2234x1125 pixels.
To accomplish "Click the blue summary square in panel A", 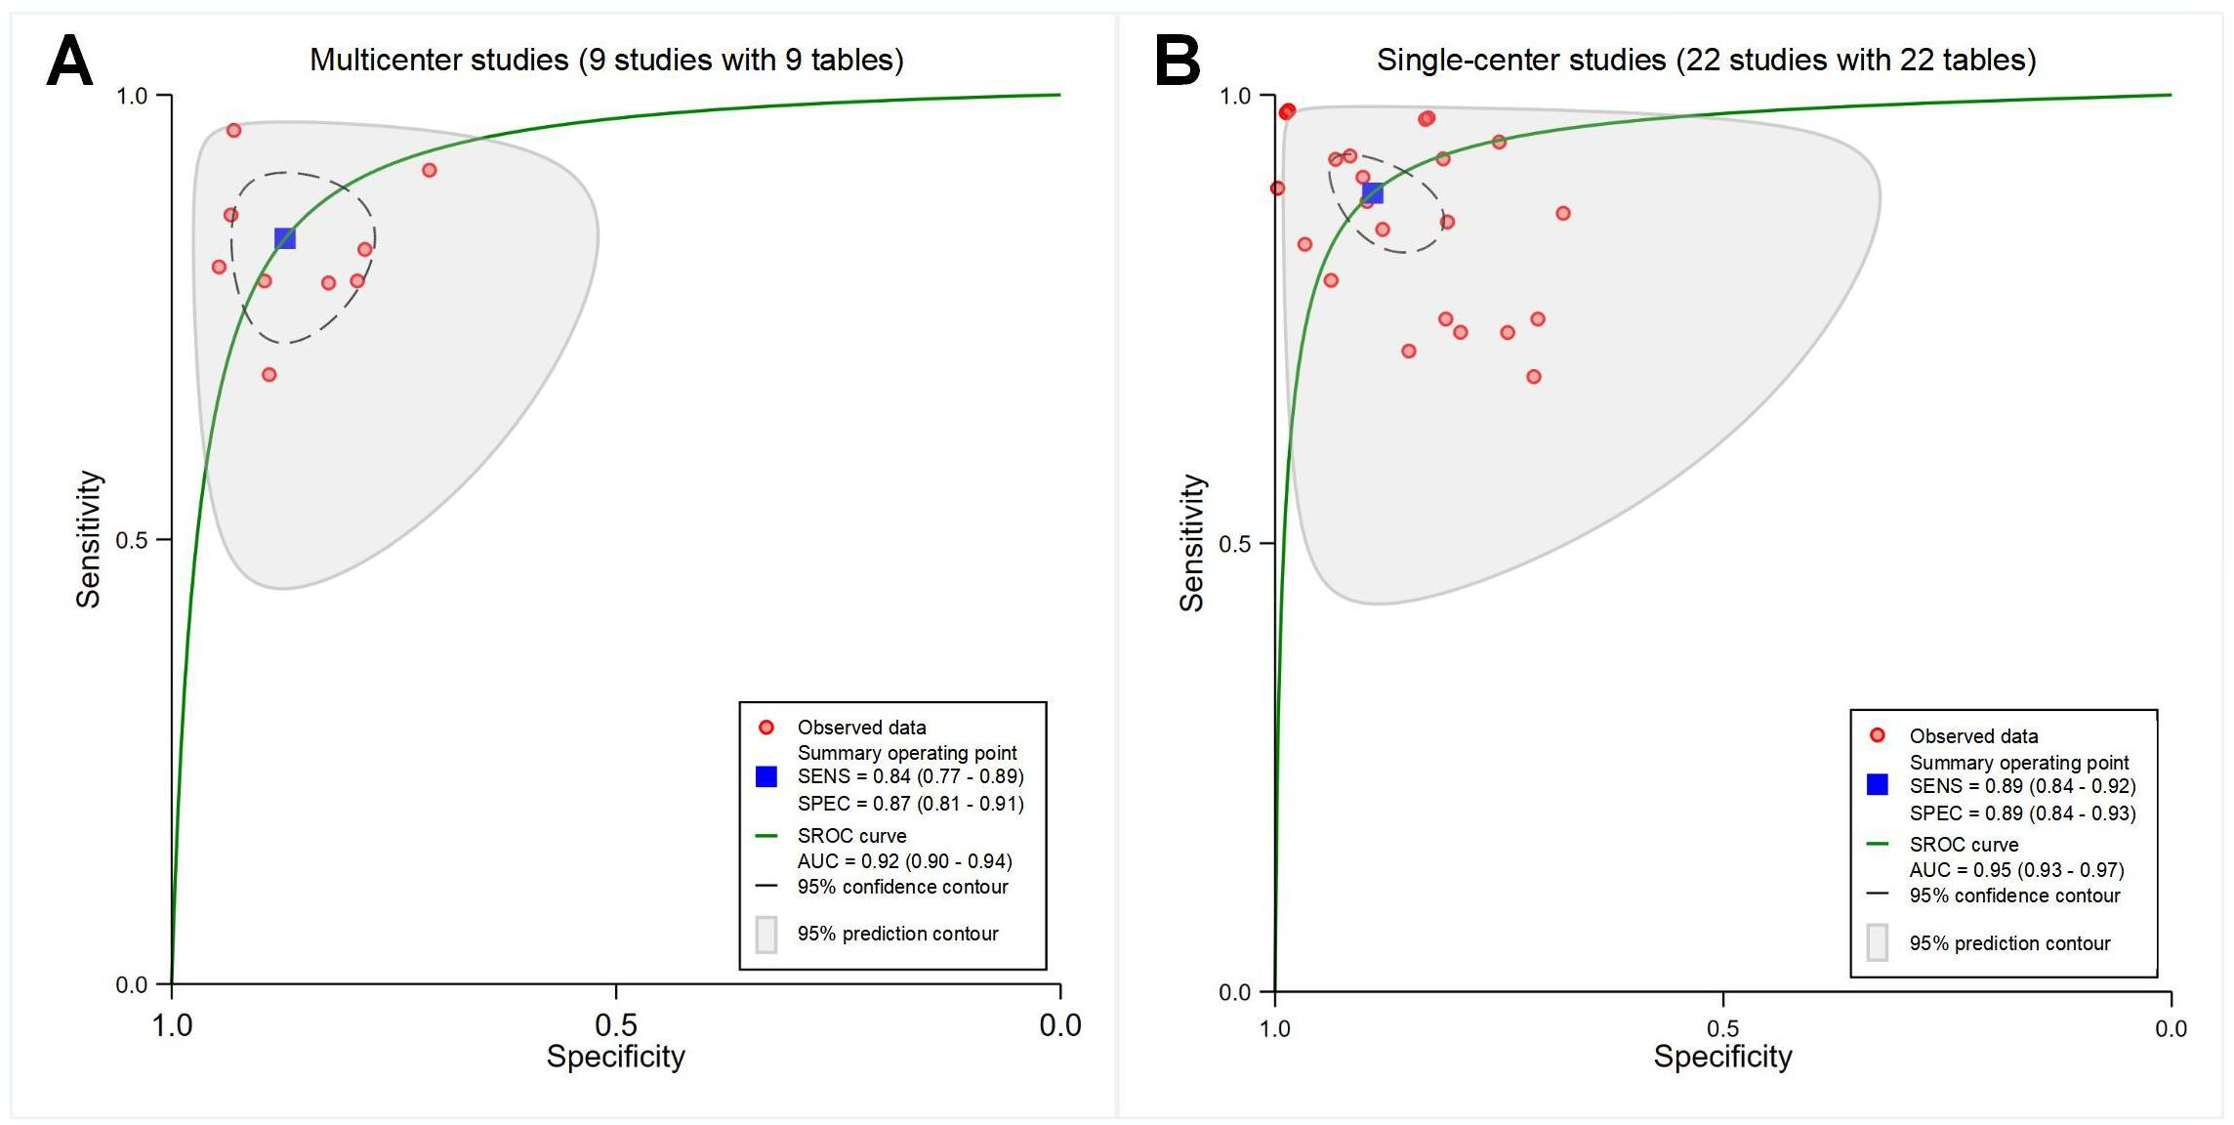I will click(284, 238).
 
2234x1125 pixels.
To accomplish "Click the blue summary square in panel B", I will click(1372, 193).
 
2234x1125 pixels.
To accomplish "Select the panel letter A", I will click(69, 61).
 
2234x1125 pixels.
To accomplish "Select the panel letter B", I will click(1177, 61).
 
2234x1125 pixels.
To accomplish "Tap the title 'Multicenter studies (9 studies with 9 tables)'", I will click(606, 61).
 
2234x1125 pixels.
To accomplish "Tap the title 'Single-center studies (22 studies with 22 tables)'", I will click(1706, 61).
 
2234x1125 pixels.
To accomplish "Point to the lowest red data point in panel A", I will click(269, 374).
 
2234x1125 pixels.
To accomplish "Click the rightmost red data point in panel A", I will click(430, 171).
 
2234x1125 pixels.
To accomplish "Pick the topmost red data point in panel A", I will click(233, 131).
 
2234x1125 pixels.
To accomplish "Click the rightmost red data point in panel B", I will click(1563, 214).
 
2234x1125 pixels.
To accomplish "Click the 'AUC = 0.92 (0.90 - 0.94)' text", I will click(904, 861).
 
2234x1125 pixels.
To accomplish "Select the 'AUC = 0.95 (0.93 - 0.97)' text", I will click(2016, 870).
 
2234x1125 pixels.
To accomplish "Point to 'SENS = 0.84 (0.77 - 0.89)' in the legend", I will click(910, 777).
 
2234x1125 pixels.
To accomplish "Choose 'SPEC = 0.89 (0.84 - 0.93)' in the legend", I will click(2022, 813).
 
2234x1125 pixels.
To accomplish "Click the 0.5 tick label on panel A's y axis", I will click(132, 540).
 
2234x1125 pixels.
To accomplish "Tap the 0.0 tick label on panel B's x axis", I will click(2171, 1028).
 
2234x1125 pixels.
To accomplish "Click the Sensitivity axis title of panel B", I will click(1192, 543).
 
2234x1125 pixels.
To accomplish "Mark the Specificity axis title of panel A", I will click(615, 1057).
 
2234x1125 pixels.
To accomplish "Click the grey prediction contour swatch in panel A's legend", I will click(766, 935).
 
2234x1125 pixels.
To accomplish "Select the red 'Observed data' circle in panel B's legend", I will click(1877, 735).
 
